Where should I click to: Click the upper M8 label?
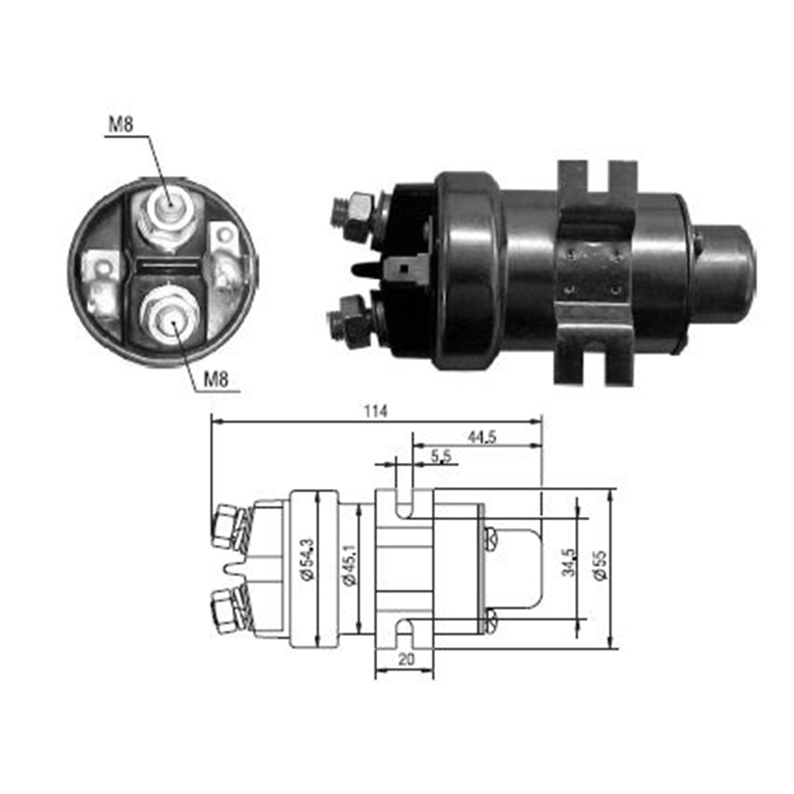coord(121,125)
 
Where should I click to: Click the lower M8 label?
coord(215,380)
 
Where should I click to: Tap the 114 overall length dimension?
coord(376,410)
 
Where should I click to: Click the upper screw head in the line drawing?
coord(490,539)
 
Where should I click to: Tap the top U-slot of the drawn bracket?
coord(404,503)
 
